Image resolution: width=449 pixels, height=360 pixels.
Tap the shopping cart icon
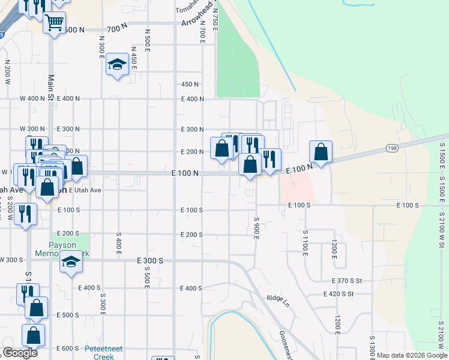click(54, 22)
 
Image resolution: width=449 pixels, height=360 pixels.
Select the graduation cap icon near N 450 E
click(116, 64)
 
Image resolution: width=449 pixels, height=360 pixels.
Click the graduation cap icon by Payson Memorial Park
click(71, 262)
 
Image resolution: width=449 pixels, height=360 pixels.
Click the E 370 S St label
click(348, 281)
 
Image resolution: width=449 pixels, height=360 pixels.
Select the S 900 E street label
click(256, 227)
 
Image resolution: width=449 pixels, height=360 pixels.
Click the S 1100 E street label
click(305, 243)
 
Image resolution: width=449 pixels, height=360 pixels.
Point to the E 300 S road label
click(150, 261)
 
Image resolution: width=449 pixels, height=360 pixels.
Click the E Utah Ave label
click(85, 190)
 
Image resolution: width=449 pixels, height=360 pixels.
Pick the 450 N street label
click(190, 84)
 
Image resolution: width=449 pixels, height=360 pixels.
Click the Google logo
click(20, 353)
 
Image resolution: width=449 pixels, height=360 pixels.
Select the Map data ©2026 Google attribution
click(411, 355)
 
